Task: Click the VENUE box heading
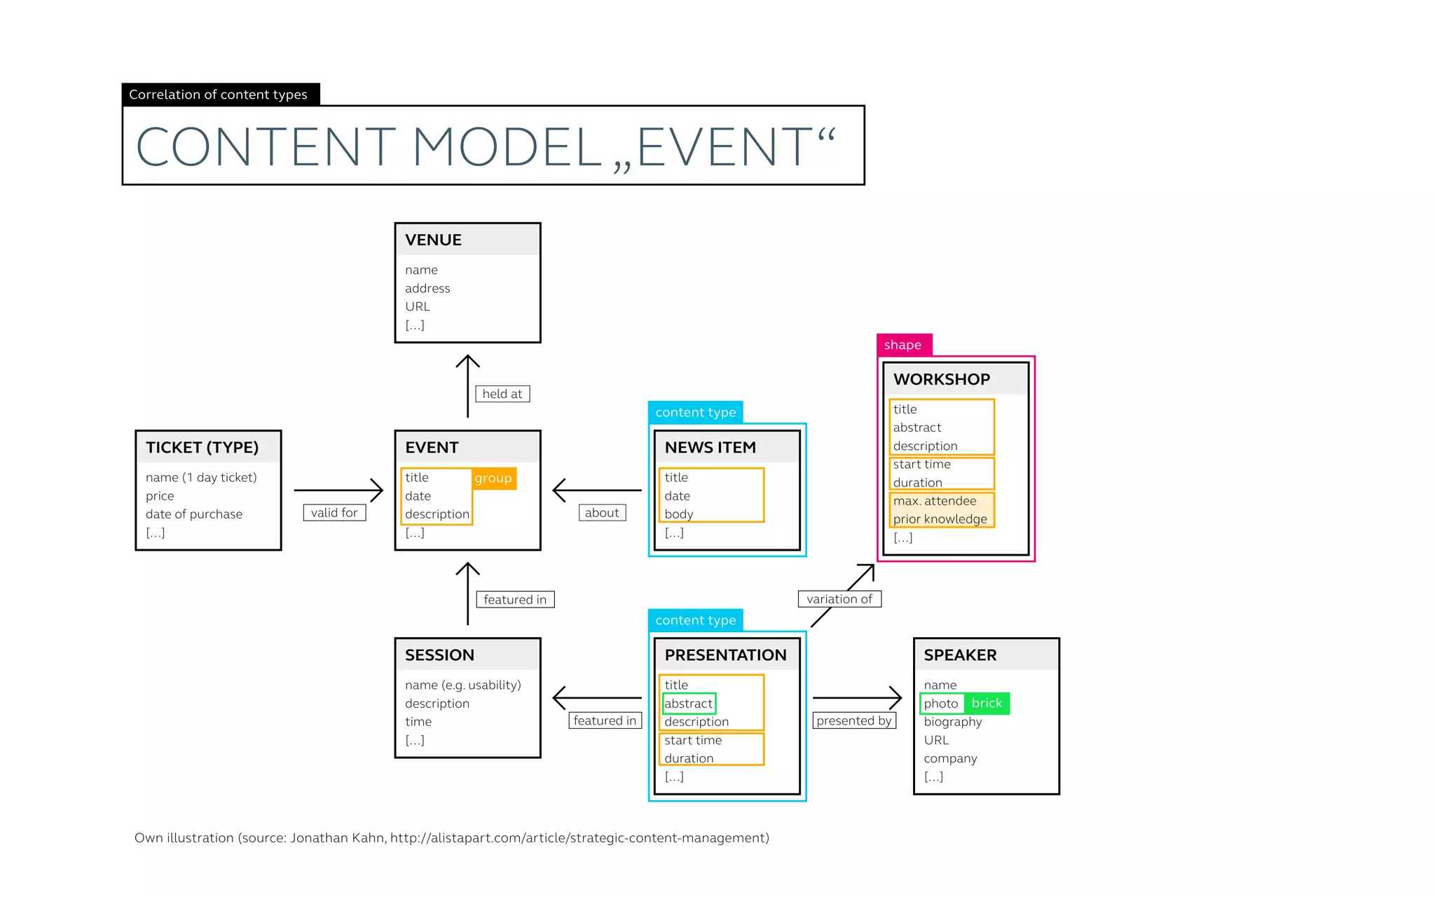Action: tap(434, 240)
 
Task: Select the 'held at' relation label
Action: tap(502, 394)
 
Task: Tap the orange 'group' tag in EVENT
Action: tap(493, 478)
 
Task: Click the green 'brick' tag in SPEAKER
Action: tap(987, 703)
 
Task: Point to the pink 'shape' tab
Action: tap(903, 345)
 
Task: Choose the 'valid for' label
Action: tap(334, 512)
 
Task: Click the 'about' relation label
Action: tap(602, 512)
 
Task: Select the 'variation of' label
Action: tap(839, 599)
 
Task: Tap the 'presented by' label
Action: tap(854, 720)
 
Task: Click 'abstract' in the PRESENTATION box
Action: tap(688, 704)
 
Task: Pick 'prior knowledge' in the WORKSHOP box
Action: tap(940, 519)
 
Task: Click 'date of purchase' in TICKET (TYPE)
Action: tap(194, 514)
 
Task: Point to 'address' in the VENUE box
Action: tap(427, 288)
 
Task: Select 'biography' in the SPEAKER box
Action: tap(952, 722)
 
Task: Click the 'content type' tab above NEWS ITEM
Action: tap(695, 412)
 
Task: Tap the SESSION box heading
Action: tap(440, 655)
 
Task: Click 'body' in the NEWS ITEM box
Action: tap(679, 514)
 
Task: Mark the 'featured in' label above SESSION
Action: tap(515, 599)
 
